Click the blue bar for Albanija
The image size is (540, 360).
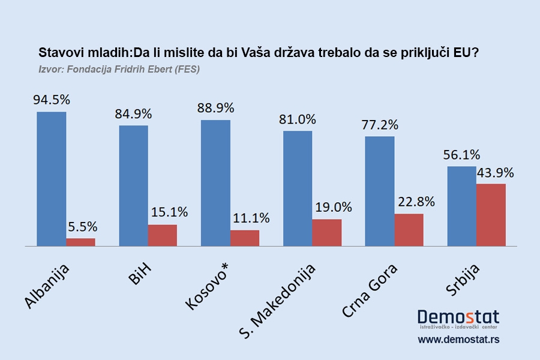[x=52, y=179]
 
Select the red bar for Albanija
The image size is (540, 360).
[x=80, y=242]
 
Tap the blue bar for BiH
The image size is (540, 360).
[x=133, y=185]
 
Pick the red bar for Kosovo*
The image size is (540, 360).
[x=245, y=238]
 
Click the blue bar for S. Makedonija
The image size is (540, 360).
[x=298, y=188]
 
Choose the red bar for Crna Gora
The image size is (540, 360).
[x=409, y=230]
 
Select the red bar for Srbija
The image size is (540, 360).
[x=491, y=215]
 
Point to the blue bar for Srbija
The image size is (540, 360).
[x=461, y=206]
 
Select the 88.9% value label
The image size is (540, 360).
[x=215, y=108]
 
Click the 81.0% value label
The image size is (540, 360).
[x=297, y=119]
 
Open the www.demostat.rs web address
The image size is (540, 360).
[x=458, y=340]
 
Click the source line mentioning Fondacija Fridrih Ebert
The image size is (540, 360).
[x=119, y=69]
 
